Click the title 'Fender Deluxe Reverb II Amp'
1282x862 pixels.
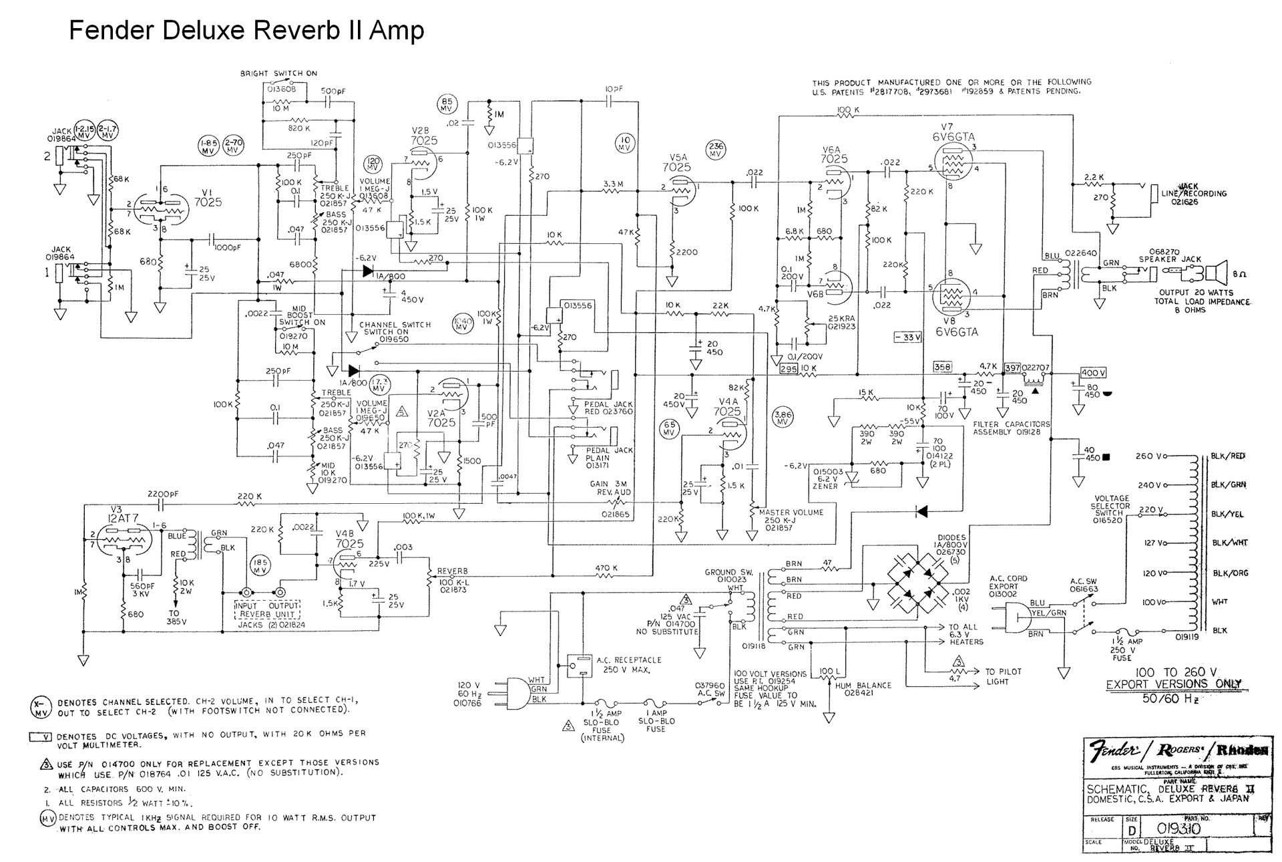click(x=246, y=31)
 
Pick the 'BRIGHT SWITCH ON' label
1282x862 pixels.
click(x=278, y=74)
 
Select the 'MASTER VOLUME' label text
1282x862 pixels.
click(x=791, y=513)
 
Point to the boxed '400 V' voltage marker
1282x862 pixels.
click(x=1093, y=373)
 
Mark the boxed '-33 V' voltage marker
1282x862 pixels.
click(x=907, y=337)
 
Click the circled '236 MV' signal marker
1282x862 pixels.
click(x=716, y=150)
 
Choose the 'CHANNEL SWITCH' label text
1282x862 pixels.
click(x=395, y=325)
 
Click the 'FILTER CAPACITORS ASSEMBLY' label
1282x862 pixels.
click(x=1011, y=428)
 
